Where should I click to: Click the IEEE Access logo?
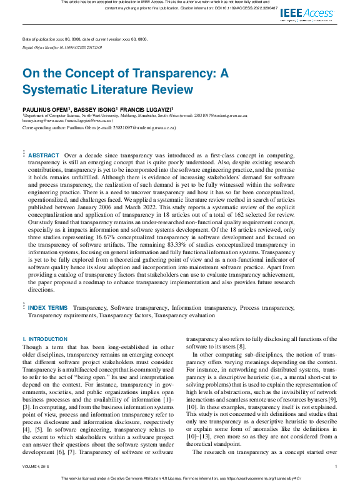click(307, 13)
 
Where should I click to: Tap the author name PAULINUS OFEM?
click(46, 108)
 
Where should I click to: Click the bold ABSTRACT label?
click(44, 155)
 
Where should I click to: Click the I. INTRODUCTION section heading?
click(44, 338)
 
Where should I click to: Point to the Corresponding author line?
click(99, 127)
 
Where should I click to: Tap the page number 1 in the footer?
click(336, 466)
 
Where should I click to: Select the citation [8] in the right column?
click(241, 345)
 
